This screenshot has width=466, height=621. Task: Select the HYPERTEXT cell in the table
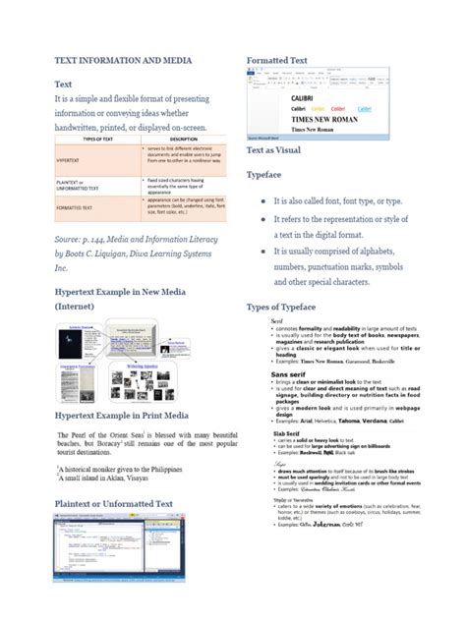click(70, 159)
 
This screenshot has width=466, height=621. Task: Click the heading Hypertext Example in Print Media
click(131, 417)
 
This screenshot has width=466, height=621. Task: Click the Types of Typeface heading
click(292, 308)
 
